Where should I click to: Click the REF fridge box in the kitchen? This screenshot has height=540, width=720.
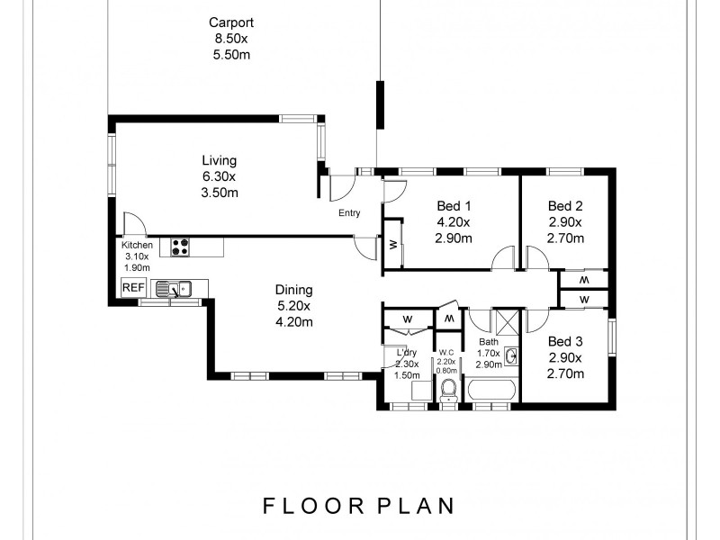pos(133,288)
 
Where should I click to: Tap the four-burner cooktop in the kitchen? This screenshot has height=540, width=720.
pos(180,245)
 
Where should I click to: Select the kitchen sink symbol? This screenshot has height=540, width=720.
pos(175,289)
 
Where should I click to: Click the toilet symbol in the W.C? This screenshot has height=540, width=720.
pos(447,390)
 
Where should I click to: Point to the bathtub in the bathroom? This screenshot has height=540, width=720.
pos(490,391)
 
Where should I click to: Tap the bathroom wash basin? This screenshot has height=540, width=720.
pos(511,356)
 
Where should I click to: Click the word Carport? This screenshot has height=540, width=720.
pos(231,23)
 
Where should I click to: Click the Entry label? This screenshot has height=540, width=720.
pos(350,213)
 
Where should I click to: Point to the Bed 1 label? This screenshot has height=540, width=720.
pos(454,205)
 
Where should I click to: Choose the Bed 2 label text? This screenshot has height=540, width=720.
pos(566,205)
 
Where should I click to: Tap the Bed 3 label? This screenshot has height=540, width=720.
pos(566,341)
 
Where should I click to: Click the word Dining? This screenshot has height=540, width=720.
pos(293,290)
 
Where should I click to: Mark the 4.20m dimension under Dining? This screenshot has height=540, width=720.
pos(293,322)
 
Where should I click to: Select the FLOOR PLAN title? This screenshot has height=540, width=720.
pos(358,506)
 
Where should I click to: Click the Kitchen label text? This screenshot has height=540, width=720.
pos(137,245)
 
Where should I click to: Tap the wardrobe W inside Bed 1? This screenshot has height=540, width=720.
pos(393,244)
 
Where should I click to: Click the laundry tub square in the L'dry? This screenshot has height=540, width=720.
pos(419,390)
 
